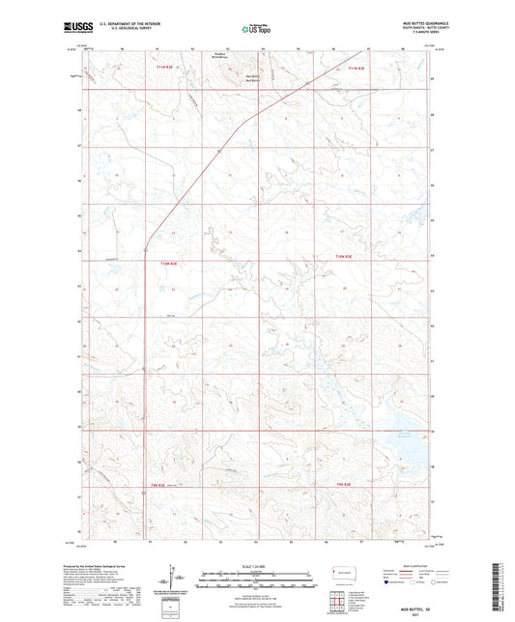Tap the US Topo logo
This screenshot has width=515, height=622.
pos(256,29)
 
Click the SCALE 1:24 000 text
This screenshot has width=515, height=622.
pos(257,565)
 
